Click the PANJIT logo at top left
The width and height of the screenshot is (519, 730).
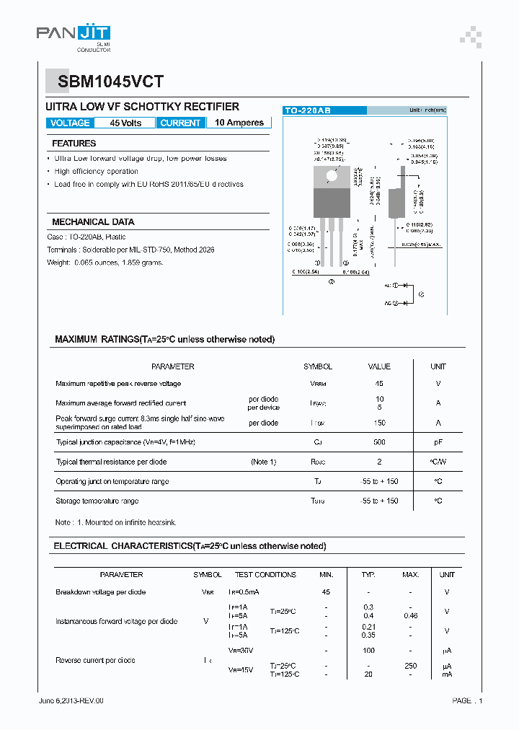coord(74,35)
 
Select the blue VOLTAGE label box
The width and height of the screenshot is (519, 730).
coord(70,123)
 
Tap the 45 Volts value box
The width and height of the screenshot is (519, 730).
coord(125,123)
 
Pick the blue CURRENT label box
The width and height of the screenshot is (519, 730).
coord(180,123)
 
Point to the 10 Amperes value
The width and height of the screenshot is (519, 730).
coord(239,123)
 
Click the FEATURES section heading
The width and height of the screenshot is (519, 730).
coord(74,144)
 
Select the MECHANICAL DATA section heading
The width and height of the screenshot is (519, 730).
coord(93,222)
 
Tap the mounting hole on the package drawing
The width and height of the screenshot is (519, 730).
coord(332,175)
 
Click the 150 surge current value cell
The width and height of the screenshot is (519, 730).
coord(379,423)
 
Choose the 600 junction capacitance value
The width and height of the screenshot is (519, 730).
coord(379,442)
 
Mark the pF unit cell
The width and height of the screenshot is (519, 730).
coord(438,442)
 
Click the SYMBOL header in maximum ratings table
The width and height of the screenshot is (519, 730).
coord(318,366)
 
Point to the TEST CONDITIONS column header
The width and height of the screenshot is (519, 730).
coord(265,575)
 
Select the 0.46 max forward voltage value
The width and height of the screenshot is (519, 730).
coord(411,615)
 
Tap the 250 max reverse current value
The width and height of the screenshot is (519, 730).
coord(411,666)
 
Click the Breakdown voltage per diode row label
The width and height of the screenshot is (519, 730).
coord(100,592)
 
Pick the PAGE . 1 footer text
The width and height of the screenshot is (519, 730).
coord(467,700)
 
